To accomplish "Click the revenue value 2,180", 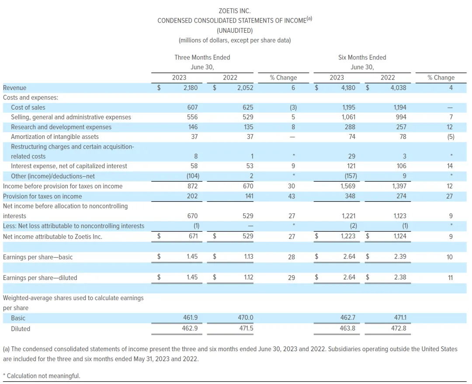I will pos(191,88).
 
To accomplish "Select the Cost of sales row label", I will pos(28,107).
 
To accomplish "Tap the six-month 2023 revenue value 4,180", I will pos(348,88).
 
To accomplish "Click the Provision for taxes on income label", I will pos(42,196).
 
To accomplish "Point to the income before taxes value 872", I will pos(192,186).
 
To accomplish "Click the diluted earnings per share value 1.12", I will pos(248,277).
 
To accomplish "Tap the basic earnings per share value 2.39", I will pos(400,256).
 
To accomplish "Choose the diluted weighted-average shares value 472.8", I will pos(399,329).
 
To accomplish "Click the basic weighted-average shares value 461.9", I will pos(190,318).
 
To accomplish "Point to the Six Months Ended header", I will pos(362,57).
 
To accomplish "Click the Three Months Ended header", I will pos(202,57).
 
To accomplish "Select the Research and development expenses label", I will pos(61,127).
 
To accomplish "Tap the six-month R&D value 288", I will pos(350,127).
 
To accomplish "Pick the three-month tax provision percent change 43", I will pos(292,196).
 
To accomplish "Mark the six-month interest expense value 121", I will pos(350,166).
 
